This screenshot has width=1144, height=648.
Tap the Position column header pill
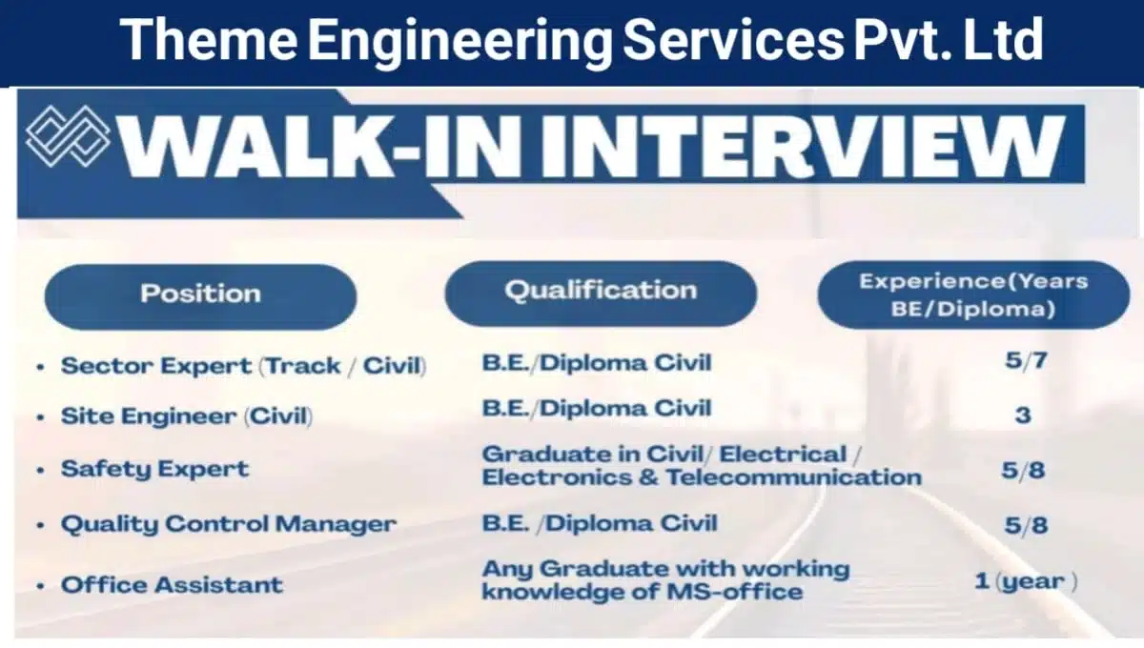tap(200, 293)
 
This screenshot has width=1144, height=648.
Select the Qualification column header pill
tap(601, 290)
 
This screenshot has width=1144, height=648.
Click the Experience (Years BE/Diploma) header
tap(972, 294)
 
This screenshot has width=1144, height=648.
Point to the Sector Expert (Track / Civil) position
tap(243, 366)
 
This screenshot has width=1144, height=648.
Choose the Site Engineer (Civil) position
tap(187, 416)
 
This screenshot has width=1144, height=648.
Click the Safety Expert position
tap(154, 469)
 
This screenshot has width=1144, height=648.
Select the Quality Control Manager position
tap(228, 524)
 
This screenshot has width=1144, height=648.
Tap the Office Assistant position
tap(172, 584)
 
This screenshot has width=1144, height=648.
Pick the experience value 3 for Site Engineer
tap(1022, 415)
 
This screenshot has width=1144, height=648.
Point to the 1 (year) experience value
tap(1026, 581)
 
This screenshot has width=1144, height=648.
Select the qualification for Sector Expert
tap(597, 362)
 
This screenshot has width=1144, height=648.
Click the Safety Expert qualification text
tap(701, 465)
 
